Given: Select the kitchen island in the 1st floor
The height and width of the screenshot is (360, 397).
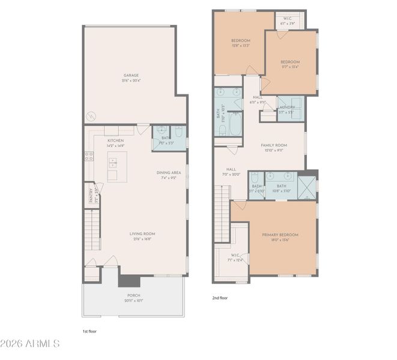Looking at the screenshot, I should coord(117,166).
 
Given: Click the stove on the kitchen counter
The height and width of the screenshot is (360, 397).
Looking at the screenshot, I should coord(89,156).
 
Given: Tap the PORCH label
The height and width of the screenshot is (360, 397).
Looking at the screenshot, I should coord(133,295).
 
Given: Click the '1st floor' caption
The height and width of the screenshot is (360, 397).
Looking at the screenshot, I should coord(89,331).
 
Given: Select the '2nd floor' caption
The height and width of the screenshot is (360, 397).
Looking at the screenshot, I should coord(219,298).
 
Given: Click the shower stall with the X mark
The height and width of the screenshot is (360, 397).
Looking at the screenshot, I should coord(306,186).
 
